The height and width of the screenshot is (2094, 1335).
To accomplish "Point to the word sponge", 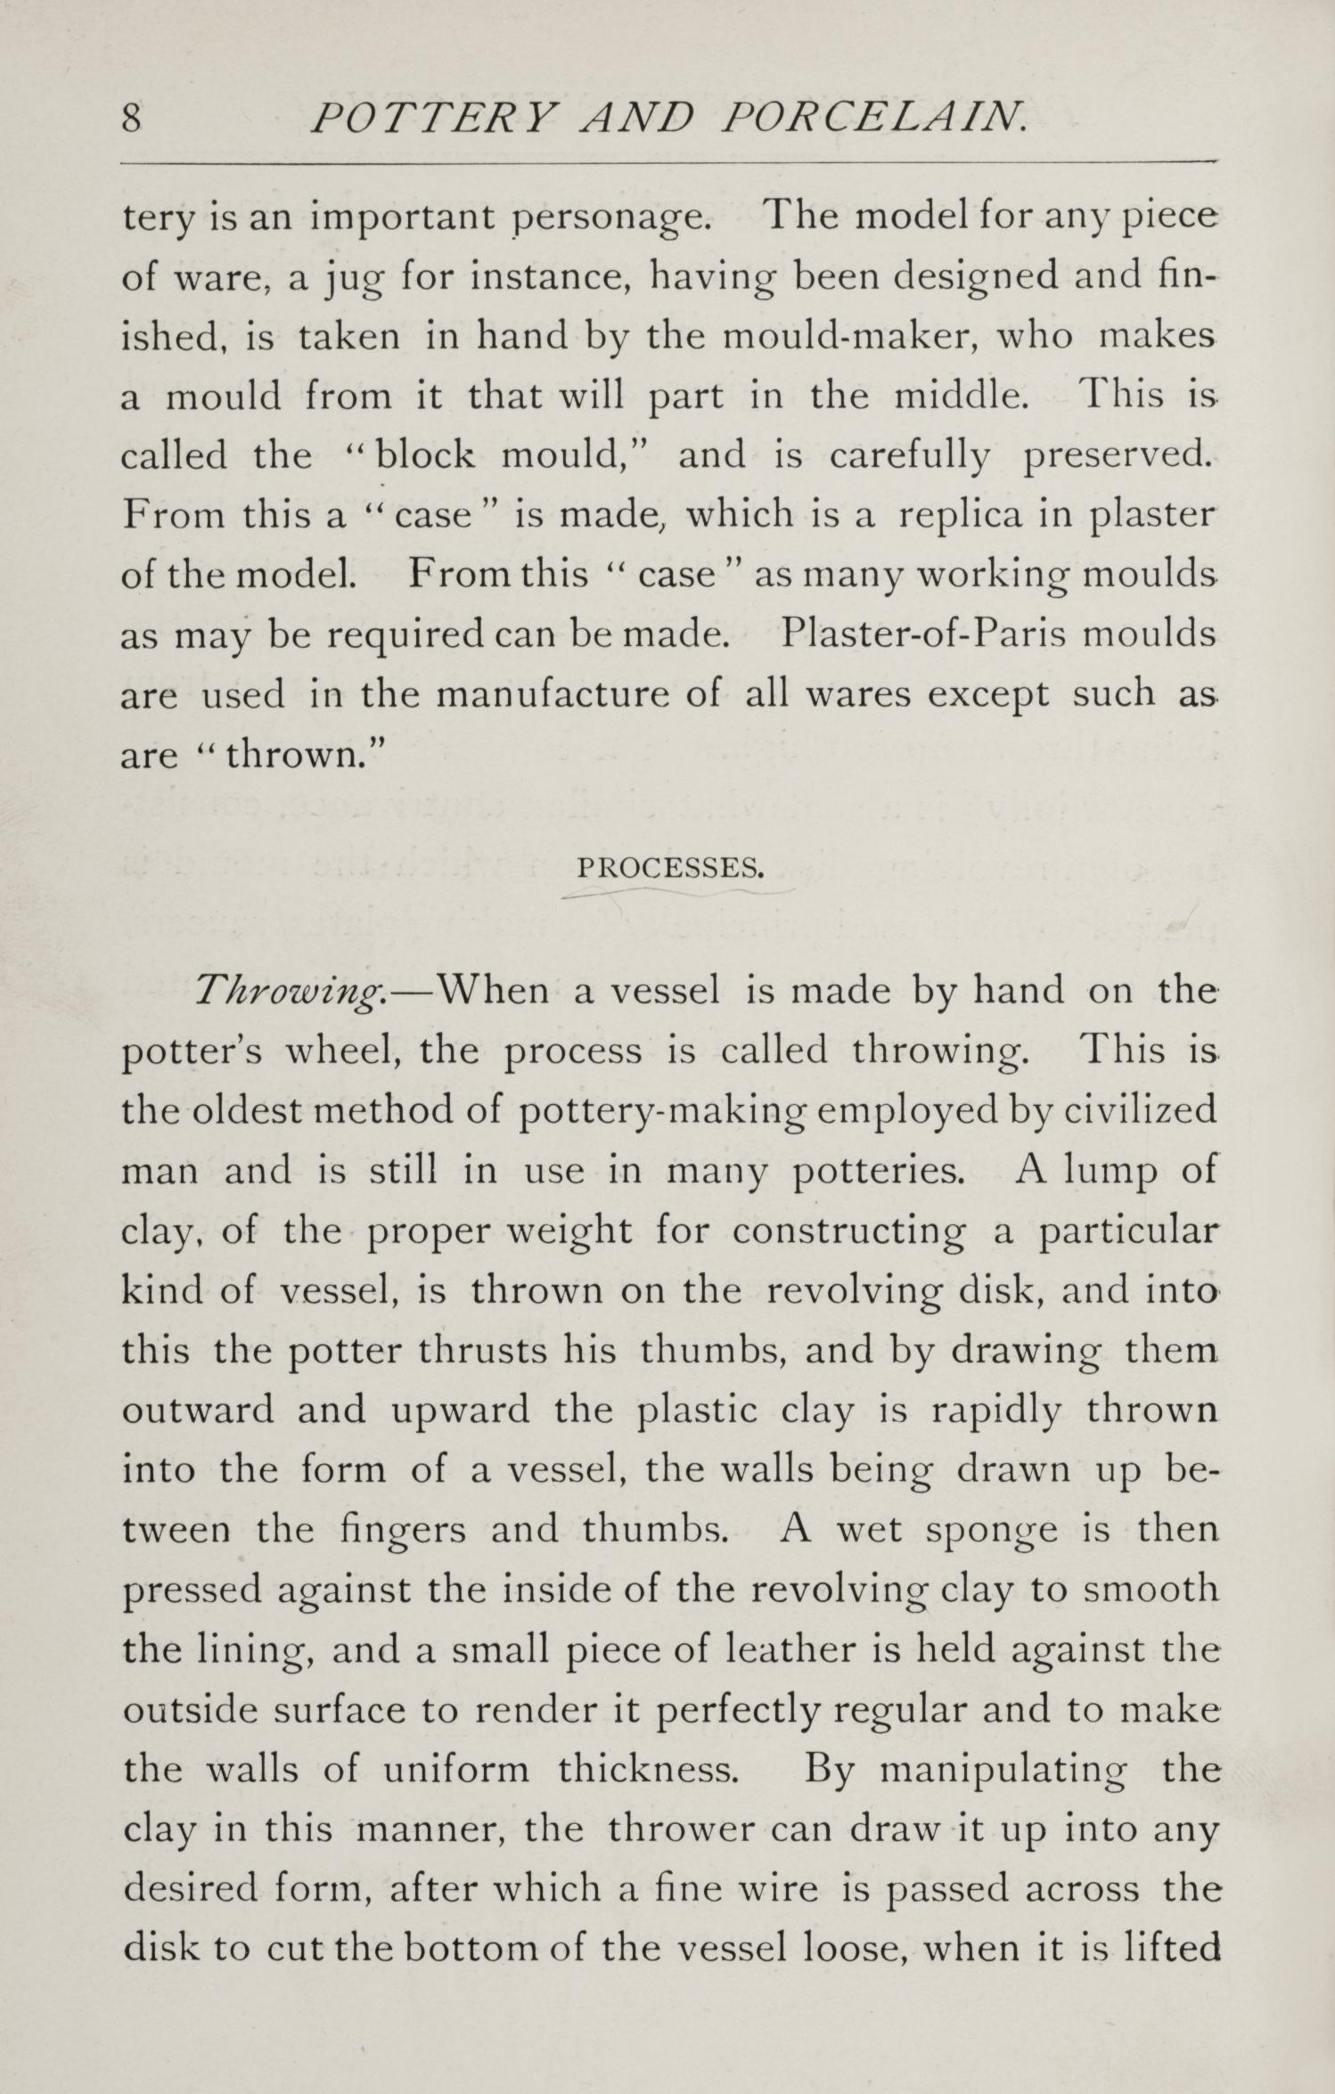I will (x=992, y=1530).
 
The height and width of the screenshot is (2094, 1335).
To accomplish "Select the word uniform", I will (x=455, y=1769).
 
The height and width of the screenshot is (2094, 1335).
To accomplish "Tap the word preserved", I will (x=1118, y=456).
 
